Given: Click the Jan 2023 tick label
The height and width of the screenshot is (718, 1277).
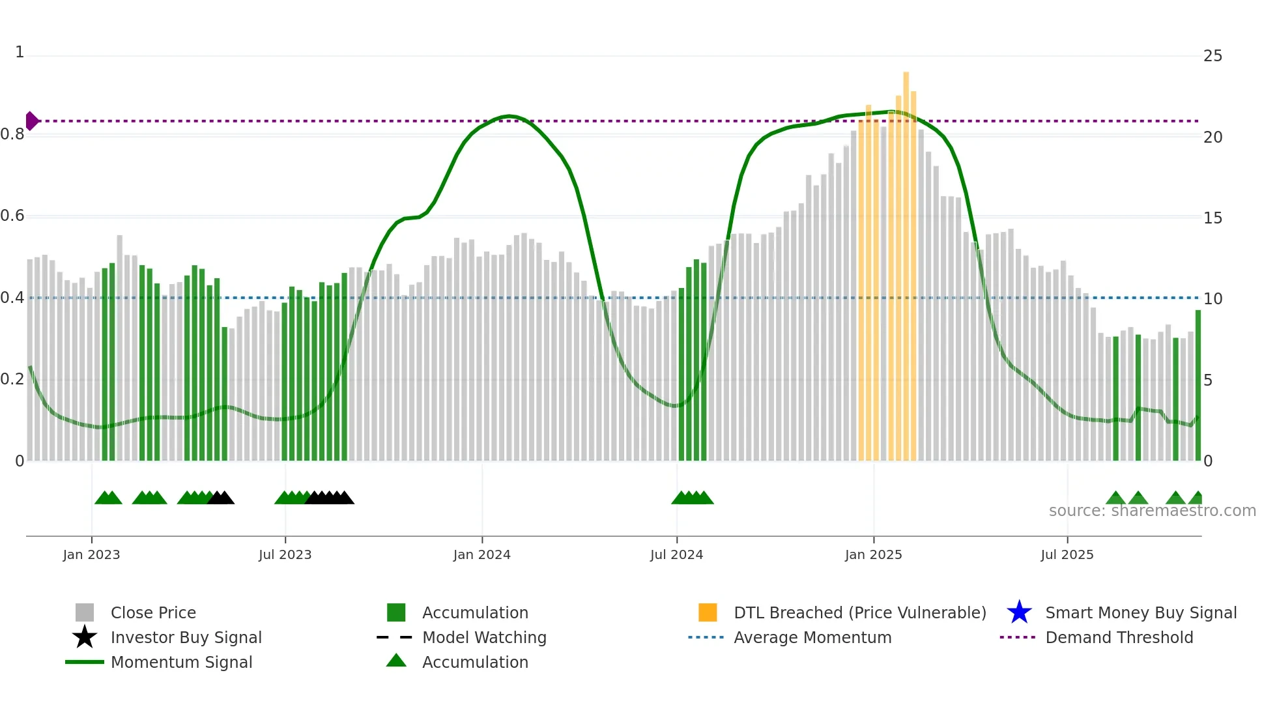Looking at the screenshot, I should click(x=91, y=554).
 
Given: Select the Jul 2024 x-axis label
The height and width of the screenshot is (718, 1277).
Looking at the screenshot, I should click(x=676, y=554).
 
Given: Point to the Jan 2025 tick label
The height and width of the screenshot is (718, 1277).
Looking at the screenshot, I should click(x=873, y=554).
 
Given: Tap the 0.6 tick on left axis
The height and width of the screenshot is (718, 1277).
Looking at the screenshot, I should click(x=12, y=216).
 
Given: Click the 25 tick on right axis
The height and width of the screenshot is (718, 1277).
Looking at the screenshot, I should click(x=1212, y=56).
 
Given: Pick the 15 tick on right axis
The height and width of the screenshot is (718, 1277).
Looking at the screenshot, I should click(x=1212, y=218).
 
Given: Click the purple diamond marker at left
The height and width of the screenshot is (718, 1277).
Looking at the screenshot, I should click(x=31, y=121).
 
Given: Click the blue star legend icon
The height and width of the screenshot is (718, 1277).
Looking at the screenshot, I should click(x=1019, y=612).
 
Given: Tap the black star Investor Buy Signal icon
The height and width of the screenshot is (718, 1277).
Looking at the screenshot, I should click(x=85, y=637).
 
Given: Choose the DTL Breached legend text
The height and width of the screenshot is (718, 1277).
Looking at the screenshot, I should click(x=859, y=612).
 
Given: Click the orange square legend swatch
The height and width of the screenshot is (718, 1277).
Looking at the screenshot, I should click(x=707, y=612).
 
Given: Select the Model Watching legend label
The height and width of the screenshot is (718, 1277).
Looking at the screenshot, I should click(x=484, y=637).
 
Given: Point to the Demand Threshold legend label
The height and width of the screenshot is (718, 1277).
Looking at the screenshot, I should click(x=1119, y=637).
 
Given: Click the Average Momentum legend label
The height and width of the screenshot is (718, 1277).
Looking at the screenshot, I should click(x=812, y=637).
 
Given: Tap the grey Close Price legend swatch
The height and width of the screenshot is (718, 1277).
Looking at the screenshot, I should click(x=85, y=612).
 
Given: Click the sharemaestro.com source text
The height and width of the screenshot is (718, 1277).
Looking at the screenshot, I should click(x=1152, y=511).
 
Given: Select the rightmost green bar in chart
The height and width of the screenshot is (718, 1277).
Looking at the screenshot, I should click(x=1198, y=384).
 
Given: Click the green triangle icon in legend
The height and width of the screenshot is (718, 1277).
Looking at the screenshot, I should click(x=396, y=661).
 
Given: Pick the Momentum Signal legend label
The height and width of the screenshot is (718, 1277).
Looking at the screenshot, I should click(x=181, y=662).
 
